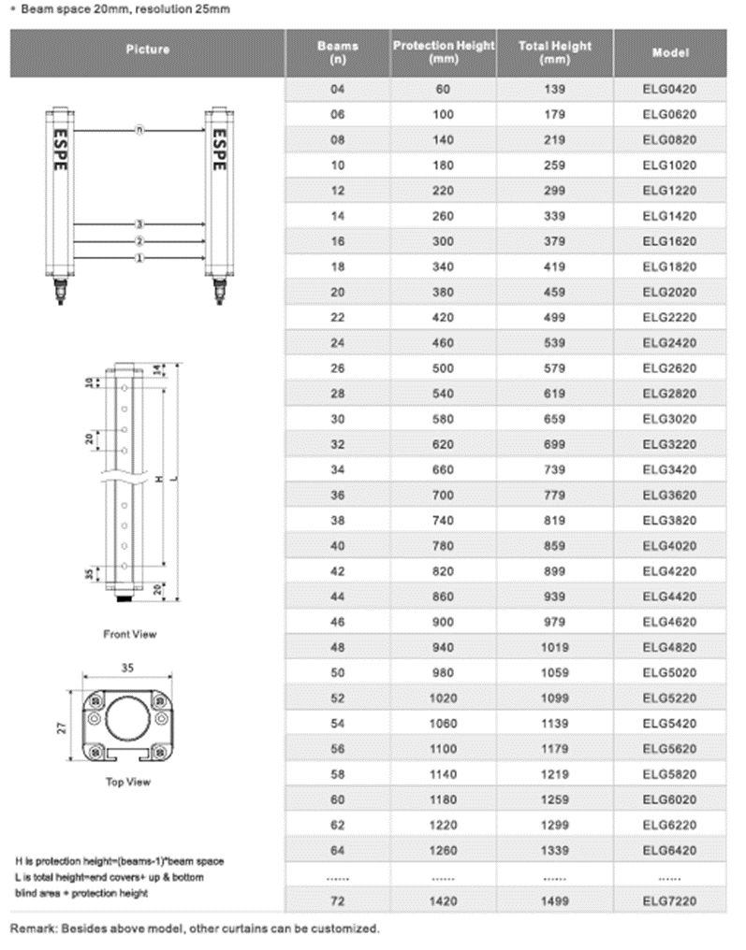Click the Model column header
tap(670, 52)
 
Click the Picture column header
tap(147, 49)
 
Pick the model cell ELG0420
tap(670, 90)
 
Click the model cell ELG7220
tap(670, 900)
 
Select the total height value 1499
tap(555, 900)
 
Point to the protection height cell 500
tap(443, 368)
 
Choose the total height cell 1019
tap(555, 646)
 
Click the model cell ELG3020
tap(670, 419)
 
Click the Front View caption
tap(130, 634)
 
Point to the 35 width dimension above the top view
tap(128, 669)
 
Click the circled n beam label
tap(139, 130)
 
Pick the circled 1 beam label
tap(139, 258)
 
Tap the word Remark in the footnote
tap(32, 928)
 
